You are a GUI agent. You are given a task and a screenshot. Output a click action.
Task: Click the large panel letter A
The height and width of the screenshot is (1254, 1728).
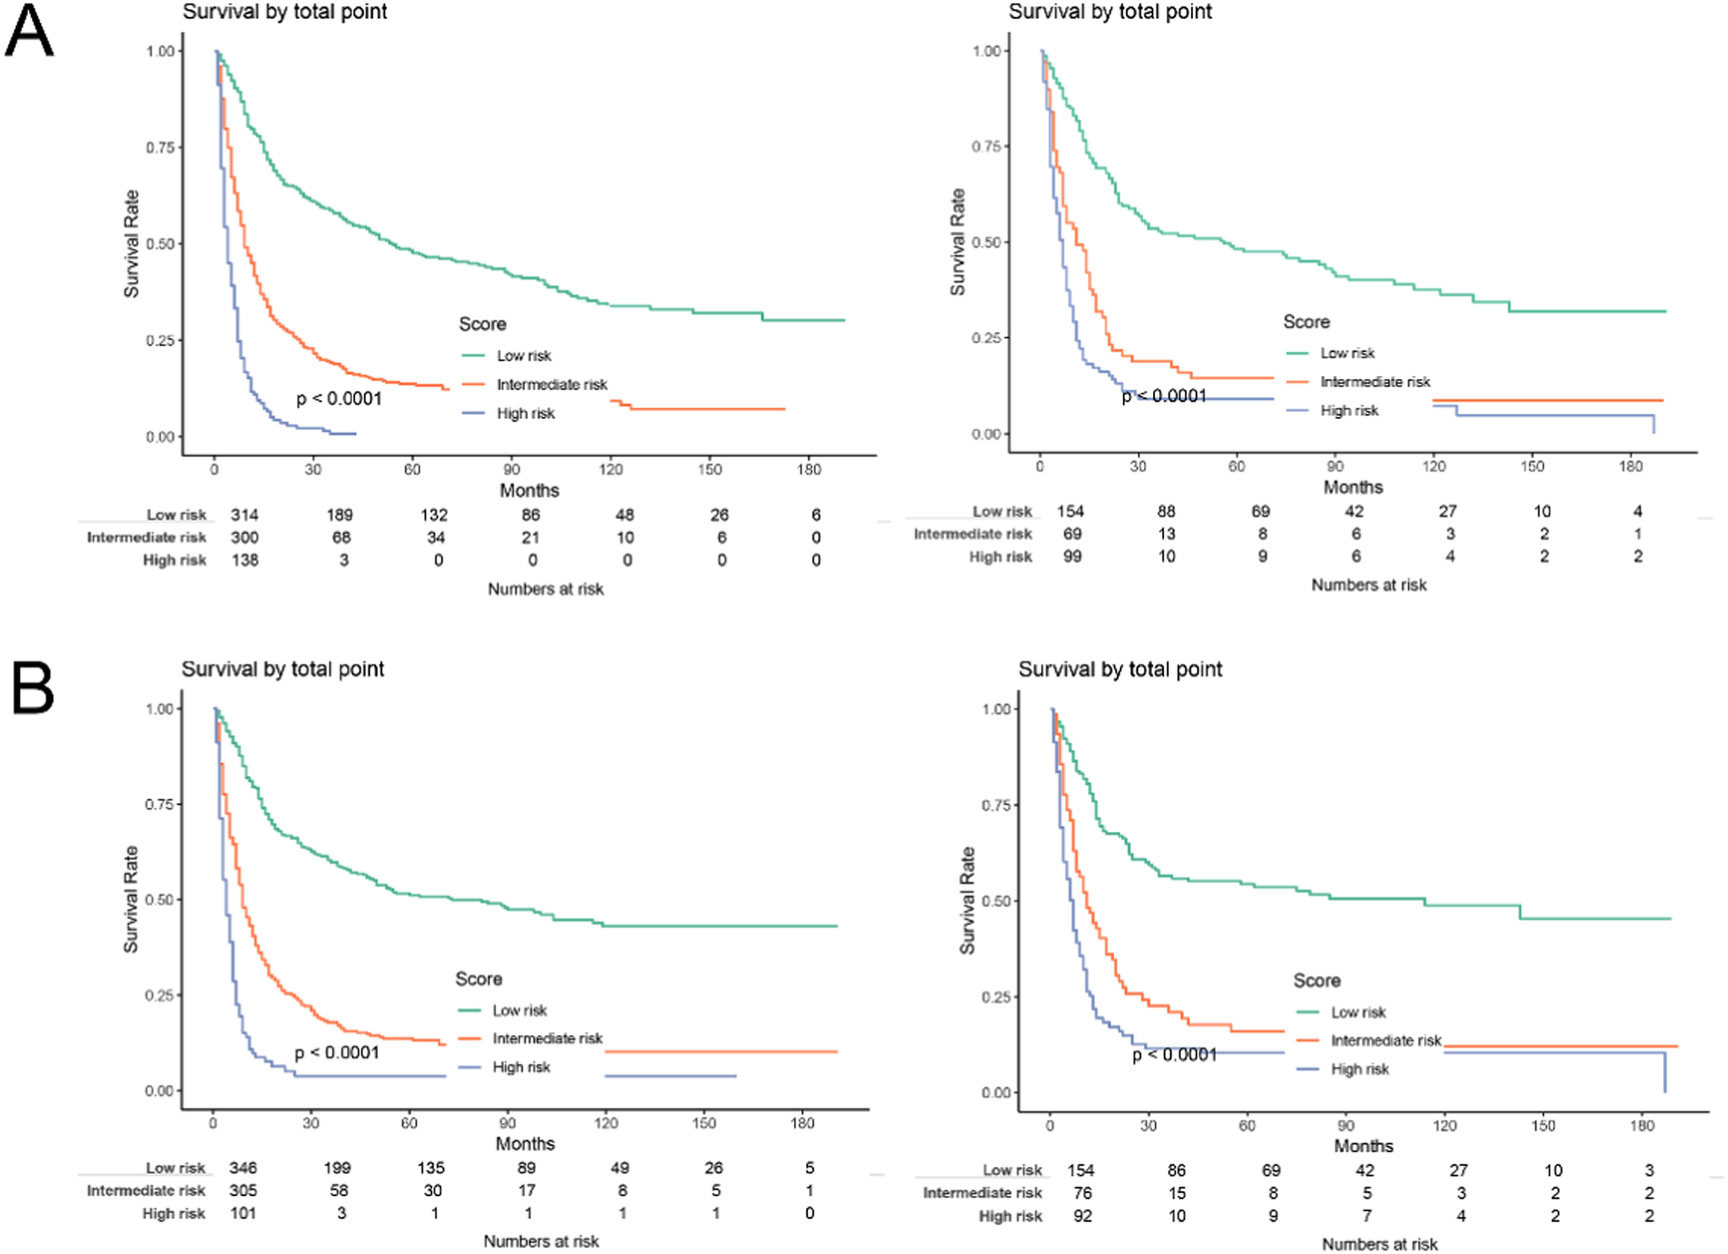(29, 31)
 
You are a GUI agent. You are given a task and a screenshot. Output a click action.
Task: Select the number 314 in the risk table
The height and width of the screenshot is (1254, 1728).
(244, 515)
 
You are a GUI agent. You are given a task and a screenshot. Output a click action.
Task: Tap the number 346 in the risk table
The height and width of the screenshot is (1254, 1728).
(243, 1168)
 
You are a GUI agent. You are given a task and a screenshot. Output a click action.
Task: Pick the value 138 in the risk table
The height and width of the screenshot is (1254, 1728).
(244, 560)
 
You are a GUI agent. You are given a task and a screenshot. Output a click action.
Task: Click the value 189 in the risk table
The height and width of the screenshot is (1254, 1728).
(340, 515)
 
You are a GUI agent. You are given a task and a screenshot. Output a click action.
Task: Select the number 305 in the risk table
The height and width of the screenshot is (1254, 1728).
(243, 1190)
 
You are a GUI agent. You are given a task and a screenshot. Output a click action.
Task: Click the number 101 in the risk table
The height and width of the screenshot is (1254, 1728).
(243, 1213)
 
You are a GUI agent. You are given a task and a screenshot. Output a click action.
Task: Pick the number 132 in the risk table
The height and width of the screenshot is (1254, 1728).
(434, 515)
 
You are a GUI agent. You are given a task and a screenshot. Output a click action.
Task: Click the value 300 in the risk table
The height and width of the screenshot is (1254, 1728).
(244, 537)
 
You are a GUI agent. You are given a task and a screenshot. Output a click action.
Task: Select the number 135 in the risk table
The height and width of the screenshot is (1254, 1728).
(431, 1168)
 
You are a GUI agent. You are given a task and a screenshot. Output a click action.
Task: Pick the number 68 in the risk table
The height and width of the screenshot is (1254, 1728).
(341, 537)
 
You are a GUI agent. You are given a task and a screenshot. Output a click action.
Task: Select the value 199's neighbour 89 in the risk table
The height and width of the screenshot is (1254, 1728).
(526, 1168)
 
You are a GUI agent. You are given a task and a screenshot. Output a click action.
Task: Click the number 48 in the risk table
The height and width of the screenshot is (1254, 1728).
(625, 515)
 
